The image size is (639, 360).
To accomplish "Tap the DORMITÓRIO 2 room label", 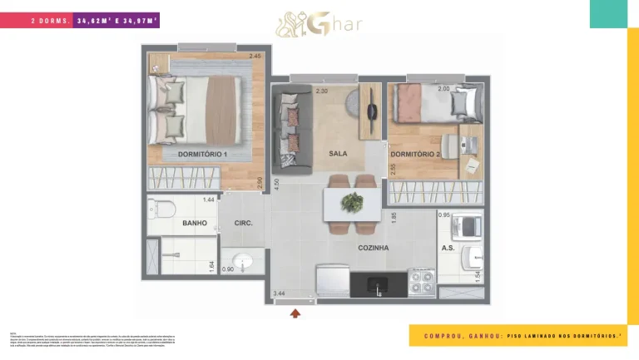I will click(x=414, y=154).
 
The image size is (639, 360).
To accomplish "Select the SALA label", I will click(x=338, y=154).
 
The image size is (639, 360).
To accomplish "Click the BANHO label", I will click(x=195, y=224).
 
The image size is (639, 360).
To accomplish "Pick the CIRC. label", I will click(x=244, y=224).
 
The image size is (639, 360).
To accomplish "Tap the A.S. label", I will click(x=449, y=248).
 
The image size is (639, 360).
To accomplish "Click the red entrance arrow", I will click(x=295, y=313).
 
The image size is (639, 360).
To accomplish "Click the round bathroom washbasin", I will click(x=244, y=260).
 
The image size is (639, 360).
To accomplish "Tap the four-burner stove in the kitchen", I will click(x=422, y=281).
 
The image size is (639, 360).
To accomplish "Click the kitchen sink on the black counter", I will click(x=379, y=285).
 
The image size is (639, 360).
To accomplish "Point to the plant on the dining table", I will click(x=353, y=201).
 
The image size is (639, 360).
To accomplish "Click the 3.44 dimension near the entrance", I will click(x=280, y=293).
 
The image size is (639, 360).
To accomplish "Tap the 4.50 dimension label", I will click(x=277, y=184).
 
